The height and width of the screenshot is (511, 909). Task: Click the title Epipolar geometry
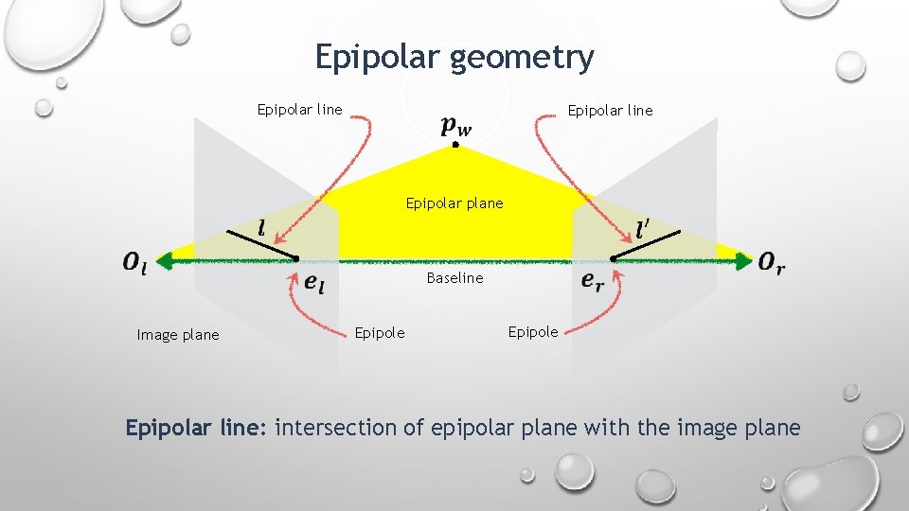(x=454, y=58)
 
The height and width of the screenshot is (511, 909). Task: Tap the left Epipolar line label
(x=300, y=110)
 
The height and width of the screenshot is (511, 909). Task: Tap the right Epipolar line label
(x=610, y=111)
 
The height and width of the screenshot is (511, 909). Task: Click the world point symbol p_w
(x=455, y=125)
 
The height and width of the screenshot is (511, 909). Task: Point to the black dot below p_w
(x=455, y=146)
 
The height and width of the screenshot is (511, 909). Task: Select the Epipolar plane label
(x=454, y=203)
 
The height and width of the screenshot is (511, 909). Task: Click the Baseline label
(x=454, y=278)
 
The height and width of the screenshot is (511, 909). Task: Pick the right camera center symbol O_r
(x=772, y=262)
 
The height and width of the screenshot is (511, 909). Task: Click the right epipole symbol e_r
(x=593, y=281)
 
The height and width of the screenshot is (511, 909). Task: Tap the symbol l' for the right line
(x=643, y=228)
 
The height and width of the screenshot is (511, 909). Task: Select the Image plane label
(x=178, y=334)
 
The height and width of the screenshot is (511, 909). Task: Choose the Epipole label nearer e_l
(x=379, y=332)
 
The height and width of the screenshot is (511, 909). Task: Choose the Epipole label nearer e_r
(x=533, y=331)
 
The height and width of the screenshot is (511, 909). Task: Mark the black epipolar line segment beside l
(x=261, y=245)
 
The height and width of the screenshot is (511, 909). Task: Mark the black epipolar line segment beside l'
(x=648, y=245)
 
